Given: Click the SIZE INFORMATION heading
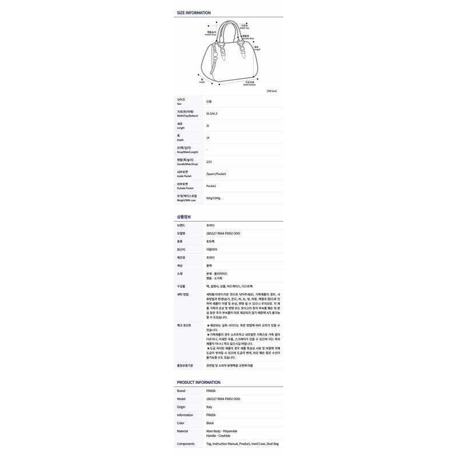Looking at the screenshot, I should (194, 13).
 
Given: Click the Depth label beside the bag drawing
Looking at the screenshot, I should (202, 81).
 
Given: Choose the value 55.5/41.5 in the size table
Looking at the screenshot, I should (212, 114).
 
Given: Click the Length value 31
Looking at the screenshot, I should (208, 126).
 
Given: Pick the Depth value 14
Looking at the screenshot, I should (208, 138).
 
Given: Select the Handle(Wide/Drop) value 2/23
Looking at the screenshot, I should (209, 162).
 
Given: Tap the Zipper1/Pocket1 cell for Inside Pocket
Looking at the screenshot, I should (217, 174).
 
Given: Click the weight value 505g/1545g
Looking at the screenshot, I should (213, 198).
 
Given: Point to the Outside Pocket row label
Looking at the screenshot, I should (185, 186).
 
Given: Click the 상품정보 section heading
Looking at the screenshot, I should (184, 217).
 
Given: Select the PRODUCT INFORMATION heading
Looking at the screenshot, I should (198, 382).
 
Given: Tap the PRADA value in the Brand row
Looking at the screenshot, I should (211, 391).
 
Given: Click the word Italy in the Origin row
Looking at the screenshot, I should (209, 407).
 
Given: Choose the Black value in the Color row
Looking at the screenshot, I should (210, 423).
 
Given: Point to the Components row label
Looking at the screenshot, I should (186, 443).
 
